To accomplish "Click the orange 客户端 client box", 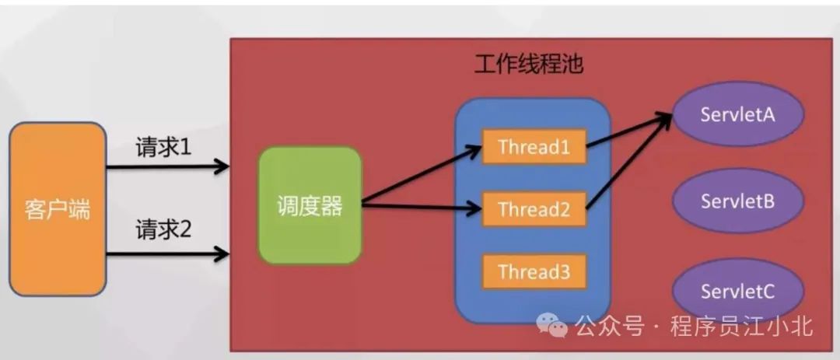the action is (58, 208).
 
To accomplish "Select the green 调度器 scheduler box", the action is (310, 206).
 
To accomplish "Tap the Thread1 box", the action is (534, 147).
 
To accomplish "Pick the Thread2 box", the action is (534, 209).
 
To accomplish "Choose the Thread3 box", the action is (534, 271).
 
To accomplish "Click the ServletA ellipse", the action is (737, 114).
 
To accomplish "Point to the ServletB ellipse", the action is (737, 201).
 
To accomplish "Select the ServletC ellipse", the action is (737, 291).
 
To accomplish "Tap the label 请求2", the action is (163, 229).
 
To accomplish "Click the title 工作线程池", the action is (529, 64).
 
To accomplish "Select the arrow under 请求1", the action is (167, 166).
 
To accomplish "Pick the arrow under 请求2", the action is (167, 253).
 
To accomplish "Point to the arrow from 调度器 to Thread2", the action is (421, 207).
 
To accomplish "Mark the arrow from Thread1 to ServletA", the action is (628, 131).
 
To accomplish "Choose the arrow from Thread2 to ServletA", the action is (628, 162).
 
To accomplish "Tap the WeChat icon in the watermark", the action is (558, 327).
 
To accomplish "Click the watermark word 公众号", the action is (610, 327).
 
